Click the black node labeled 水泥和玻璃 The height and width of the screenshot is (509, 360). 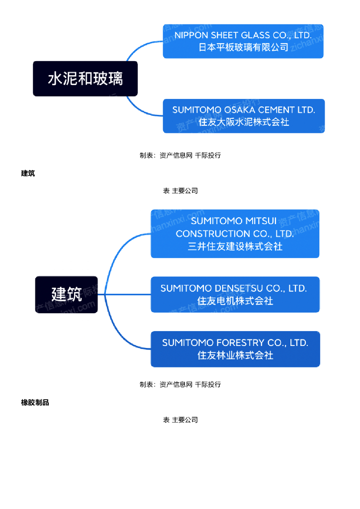click(x=85, y=79)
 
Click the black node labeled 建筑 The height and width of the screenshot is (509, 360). click(x=66, y=294)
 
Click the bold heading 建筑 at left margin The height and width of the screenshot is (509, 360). click(x=28, y=173)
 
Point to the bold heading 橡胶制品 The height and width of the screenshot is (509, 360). click(x=35, y=403)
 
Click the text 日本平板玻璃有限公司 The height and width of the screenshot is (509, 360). click(x=243, y=47)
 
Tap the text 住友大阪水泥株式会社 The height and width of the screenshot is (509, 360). click(x=244, y=122)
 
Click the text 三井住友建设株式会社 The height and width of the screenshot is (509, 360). click(x=235, y=246)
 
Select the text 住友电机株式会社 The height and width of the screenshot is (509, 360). click(x=235, y=301)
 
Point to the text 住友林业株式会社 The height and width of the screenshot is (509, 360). click(x=235, y=355)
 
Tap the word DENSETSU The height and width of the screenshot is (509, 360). click(x=240, y=288)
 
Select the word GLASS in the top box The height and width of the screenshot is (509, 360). click(x=256, y=35)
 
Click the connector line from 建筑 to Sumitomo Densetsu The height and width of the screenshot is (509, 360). click(x=124, y=294)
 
